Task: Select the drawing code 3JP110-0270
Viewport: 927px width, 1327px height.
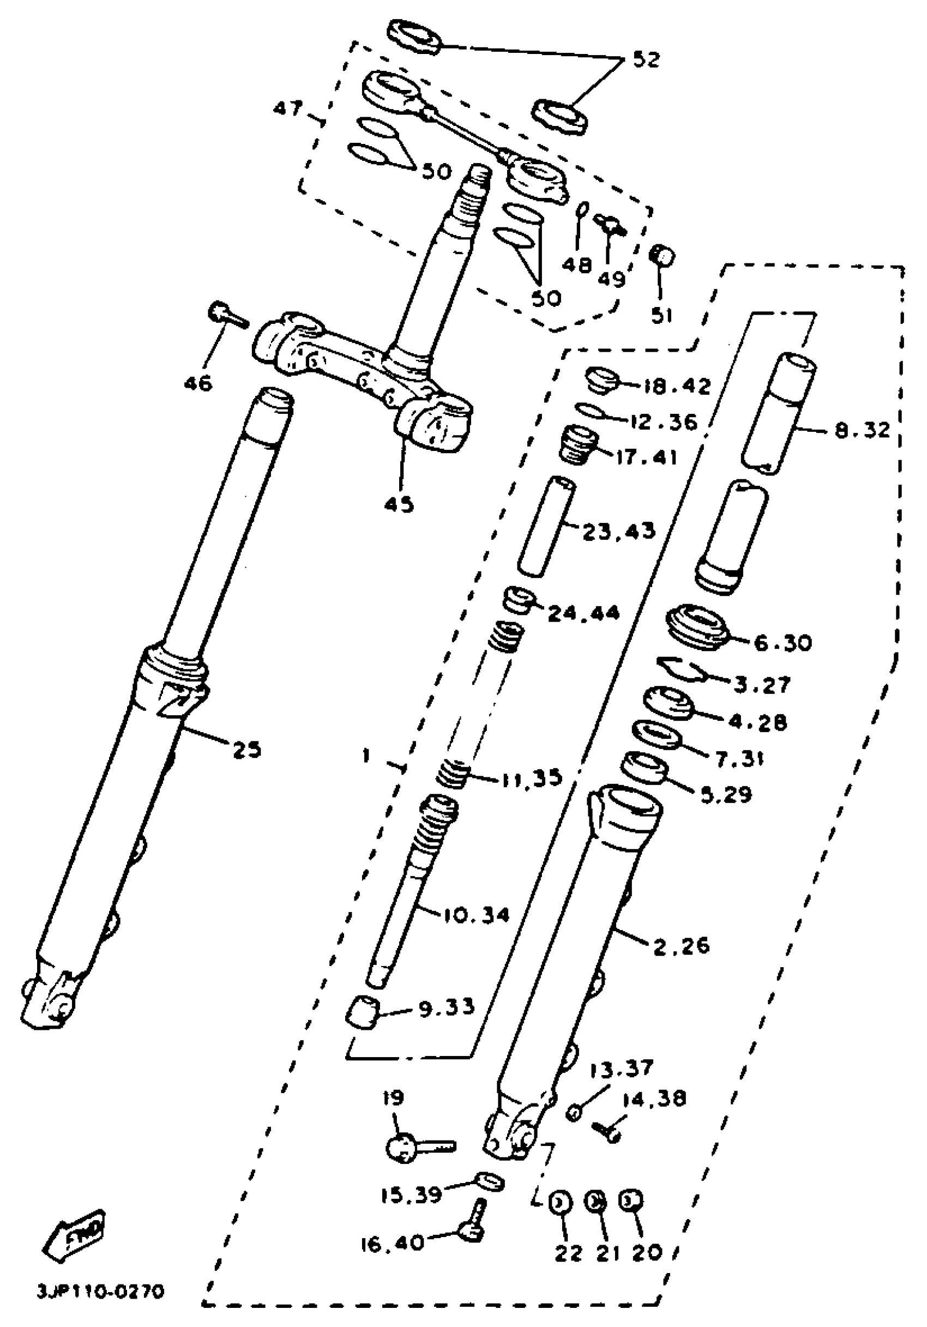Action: click(100, 1292)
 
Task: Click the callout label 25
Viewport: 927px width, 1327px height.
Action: click(247, 750)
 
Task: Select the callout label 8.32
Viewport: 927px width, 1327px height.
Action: click(862, 430)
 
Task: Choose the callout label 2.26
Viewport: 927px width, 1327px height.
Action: click(681, 946)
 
